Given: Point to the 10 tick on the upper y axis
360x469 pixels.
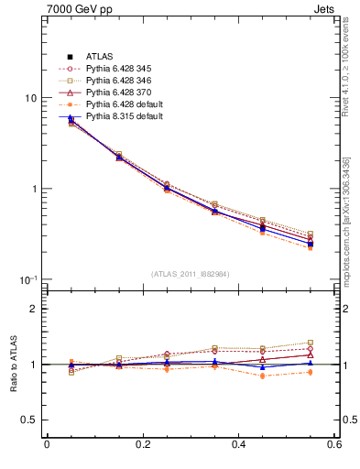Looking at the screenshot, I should coord(30,98).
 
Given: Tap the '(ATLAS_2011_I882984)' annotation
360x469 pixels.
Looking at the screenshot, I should coord(191,273).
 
